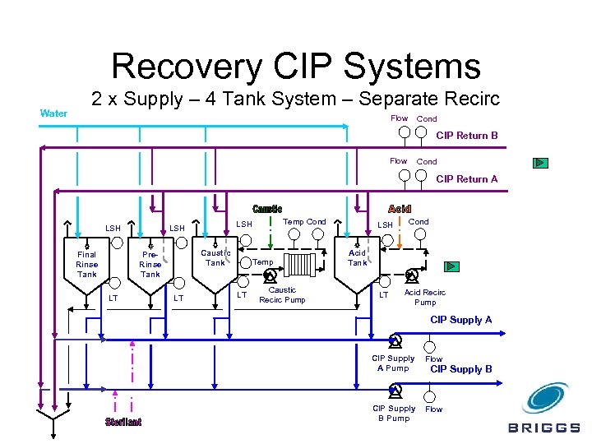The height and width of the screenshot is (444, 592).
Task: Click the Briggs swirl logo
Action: [x=546, y=398]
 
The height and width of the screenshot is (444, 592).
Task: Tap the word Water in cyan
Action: [x=53, y=113]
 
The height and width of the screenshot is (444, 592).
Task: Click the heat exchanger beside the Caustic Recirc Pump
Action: [x=300, y=265]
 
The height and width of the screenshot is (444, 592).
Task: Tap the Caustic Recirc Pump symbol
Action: [x=270, y=275]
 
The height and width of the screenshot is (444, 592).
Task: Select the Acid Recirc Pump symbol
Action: [x=411, y=276]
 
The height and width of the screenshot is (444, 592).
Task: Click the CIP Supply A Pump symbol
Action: [x=395, y=340]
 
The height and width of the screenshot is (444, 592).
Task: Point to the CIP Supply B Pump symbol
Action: [x=395, y=391]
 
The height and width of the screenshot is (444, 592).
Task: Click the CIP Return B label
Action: [x=467, y=136]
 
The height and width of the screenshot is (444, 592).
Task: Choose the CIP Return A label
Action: [x=467, y=179]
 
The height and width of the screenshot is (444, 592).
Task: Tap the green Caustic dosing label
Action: [x=267, y=209]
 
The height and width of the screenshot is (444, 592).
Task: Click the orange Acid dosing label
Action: [x=400, y=209]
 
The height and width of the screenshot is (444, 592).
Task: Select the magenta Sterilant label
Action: [x=123, y=422]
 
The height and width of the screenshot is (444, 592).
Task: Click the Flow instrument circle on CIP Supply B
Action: [x=430, y=397]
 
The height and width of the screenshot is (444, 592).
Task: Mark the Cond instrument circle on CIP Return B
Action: [x=421, y=132]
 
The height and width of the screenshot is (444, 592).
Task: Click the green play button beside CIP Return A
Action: [x=540, y=163]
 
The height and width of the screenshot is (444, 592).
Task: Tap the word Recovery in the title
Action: [x=187, y=66]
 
